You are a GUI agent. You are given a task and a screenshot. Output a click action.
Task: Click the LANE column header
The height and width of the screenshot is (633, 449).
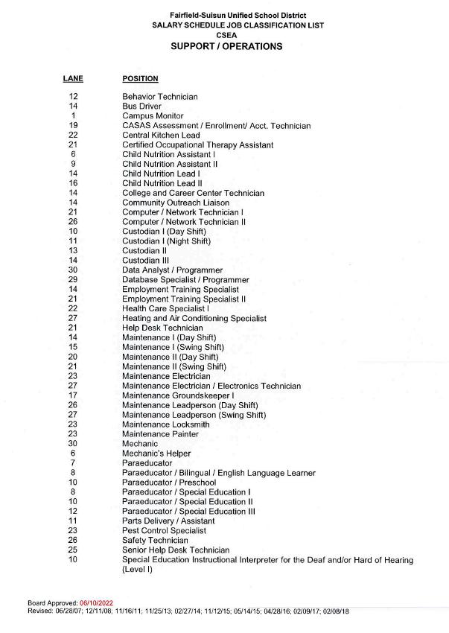(x=73, y=78)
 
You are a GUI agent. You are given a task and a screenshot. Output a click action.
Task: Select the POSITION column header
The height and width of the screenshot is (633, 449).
(x=140, y=78)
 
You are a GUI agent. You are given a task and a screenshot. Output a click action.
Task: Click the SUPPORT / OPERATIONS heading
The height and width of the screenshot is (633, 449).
(x=226, y=46)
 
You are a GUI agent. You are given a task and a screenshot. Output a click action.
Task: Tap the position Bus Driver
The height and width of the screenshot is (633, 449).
(x=141, y=106)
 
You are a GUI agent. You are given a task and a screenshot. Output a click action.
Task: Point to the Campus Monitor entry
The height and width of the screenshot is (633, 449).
(x=153, y=116)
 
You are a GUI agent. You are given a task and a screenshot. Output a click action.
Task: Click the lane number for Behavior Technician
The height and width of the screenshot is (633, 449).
(x=73, y=97)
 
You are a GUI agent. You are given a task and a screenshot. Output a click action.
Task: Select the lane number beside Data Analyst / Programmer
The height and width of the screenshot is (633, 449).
(x=73, y=270)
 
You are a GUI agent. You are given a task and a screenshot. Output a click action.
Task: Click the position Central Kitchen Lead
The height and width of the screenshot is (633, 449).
(x=161, y=136)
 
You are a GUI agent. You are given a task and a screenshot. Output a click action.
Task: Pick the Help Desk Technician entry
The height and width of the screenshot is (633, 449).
(x=162, y=328)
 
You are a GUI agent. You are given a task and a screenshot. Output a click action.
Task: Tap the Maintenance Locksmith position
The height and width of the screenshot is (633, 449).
(x=165, y=424)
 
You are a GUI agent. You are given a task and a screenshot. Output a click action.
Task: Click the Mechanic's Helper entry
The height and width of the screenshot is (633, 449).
(x=156, y=454)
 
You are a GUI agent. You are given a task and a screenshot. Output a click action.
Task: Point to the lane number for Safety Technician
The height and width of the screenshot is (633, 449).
(x=73, y=541)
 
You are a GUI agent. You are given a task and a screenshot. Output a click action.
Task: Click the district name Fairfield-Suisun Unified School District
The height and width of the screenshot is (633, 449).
(x=226, y=16)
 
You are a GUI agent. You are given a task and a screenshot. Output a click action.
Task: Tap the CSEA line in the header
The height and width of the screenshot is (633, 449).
(x=226, y=35)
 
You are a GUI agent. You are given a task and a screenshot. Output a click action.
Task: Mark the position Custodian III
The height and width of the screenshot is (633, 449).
(x=145, y=261)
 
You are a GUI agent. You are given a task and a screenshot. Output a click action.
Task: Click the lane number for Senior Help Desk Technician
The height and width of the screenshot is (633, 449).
(x=73, y=550)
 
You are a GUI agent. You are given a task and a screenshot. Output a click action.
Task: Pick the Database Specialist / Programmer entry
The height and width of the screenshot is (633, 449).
(x=185, y=280)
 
